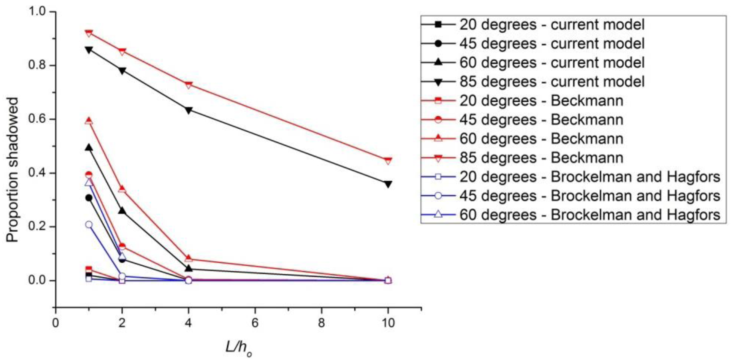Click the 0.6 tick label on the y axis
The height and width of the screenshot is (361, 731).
pyautogui.click(x=39, y=119)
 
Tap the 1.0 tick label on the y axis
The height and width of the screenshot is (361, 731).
pyautogui.click(x=39, y=12)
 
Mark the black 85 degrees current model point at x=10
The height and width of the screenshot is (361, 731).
pyautogui.click(x=388, y=184)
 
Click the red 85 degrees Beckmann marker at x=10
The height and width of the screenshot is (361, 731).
pyautogui.click(x=388, y=161)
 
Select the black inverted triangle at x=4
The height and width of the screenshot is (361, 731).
pyautogui.click(x=189, y=110)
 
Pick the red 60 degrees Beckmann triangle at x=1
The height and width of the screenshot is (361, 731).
pyautogui.click(x=89, y=121)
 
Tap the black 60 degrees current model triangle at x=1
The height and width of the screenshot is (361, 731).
pyautogui.click(x=89, y=148)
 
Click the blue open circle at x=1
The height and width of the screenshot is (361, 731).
pyautogui.click(x=89, y=225)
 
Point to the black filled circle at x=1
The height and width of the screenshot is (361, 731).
pyautogui.click(x=89, y=198)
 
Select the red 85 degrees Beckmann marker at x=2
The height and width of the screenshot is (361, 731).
pyautogui.click(x=122, y=52)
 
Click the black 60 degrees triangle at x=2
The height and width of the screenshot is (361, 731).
pyautogui.click(x=122, y=211)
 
